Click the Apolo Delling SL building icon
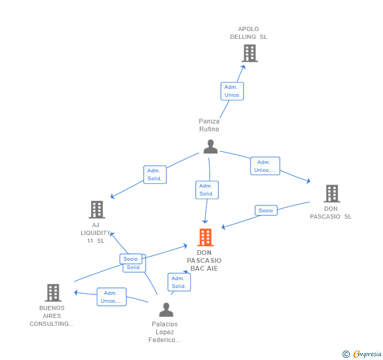coord(249,53)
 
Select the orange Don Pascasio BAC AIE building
coord(205,238)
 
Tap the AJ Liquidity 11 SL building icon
coord(97,210)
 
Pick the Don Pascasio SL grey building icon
coord(331,193)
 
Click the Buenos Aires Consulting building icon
coord(53,293)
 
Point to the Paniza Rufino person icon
coord(210,147)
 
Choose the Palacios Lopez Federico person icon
coord(166,310)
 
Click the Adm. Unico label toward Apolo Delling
coord(232,91)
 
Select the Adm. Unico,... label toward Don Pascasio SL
coord(265,166)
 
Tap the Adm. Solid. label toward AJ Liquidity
coord(155,174)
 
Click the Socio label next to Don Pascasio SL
coord(266,210)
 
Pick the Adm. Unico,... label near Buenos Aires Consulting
coord(112,297)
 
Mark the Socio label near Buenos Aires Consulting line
coord(130,259)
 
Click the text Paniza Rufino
coord(209,125)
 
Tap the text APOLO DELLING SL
coord(248,33)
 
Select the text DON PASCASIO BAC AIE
coord(204,261)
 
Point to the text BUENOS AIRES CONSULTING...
coord(52,316)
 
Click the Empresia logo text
coord(367,354)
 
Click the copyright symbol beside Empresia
coord(346,354)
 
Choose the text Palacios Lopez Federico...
coord(165,332)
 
